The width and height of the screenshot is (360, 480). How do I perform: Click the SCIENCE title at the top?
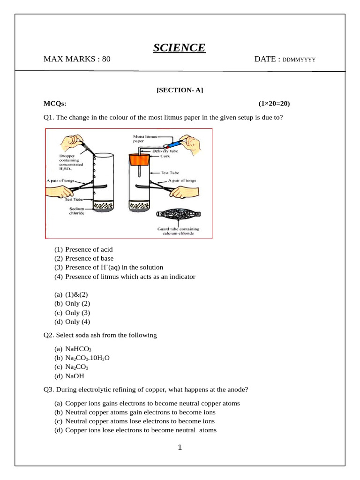coord(179,48)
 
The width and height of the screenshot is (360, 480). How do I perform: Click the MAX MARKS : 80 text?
coord(77,59)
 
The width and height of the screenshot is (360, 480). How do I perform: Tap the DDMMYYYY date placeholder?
coord(299,60)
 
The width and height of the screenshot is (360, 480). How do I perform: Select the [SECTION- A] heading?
coord(180,90)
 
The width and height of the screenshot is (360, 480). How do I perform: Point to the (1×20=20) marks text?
coord(277,104)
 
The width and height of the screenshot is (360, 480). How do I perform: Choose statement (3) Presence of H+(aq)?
coord(114,268)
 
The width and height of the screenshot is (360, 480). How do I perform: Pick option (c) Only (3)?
coord(77,313)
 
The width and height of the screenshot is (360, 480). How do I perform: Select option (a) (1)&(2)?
coord(76,294)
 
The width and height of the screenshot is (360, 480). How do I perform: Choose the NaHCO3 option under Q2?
coord(78,349)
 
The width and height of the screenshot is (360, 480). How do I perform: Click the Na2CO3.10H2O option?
coord(87,358)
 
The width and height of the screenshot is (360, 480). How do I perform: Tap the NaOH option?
coord(75,376)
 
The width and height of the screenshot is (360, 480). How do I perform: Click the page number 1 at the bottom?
coord(180,448)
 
